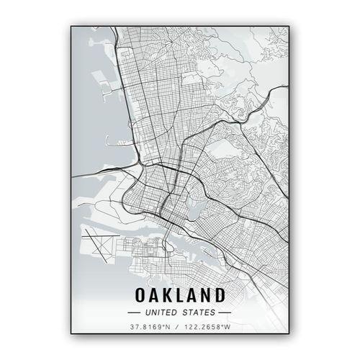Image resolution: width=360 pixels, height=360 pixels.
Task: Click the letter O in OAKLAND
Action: click(x=141, y=295)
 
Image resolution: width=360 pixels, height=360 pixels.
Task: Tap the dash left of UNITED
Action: click(x=133, y=313)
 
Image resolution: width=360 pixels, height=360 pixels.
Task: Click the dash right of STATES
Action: click(x=225, y=313)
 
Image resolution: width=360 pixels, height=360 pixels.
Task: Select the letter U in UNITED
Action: click(x=148, y=313)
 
